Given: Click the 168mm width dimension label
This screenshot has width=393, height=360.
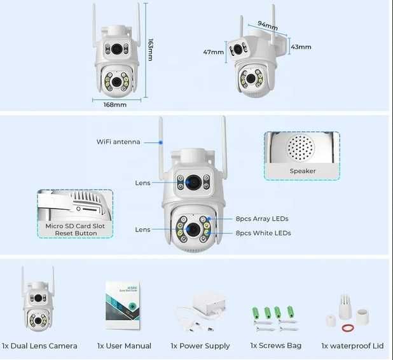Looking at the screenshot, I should [x=115, y=104].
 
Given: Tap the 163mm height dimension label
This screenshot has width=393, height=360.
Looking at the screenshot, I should [x=150, y=50].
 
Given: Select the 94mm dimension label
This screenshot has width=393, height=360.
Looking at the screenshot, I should [x=267, y=27].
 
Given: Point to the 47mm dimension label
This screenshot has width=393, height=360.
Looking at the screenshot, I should [x=212, y=52].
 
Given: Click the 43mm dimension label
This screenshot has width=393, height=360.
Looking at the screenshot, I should [x=301, y=47].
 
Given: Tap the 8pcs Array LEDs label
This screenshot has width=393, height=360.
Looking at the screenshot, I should [x=262, y=219].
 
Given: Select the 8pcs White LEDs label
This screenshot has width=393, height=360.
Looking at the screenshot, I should [x=263, y=233].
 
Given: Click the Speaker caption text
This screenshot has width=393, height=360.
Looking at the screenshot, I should [x=302, y=171].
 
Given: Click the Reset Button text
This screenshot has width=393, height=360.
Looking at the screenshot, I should [x=75, y=233].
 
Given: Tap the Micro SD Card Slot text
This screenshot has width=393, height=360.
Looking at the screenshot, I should [x=75, y=226].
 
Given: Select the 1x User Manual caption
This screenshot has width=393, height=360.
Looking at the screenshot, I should [x=124, y=346].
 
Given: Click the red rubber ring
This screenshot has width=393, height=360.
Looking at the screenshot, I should [x=347, y=328].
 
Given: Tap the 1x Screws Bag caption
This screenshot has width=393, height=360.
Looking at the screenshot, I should [x=275, y=346].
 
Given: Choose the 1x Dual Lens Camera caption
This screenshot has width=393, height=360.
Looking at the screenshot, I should [x=39, y=346].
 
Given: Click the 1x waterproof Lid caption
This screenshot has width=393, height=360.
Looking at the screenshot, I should [x=352, y=346].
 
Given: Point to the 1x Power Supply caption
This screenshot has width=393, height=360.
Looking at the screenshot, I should [x=201, y=346].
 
